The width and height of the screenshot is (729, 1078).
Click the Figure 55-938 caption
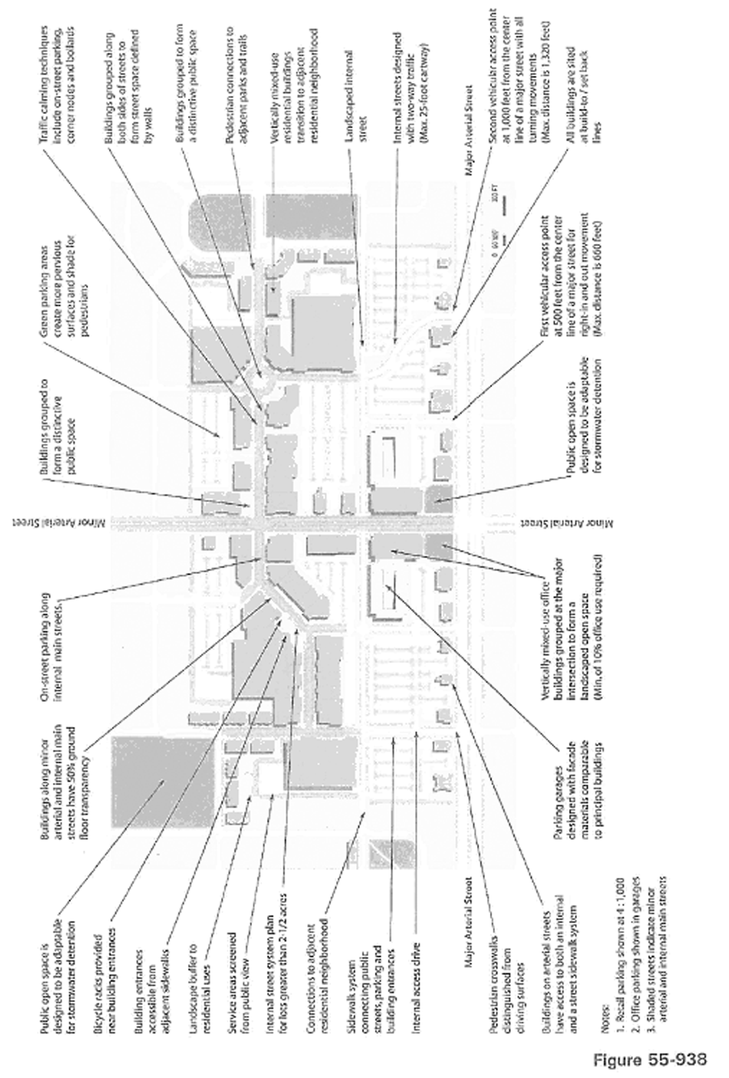650,1058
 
